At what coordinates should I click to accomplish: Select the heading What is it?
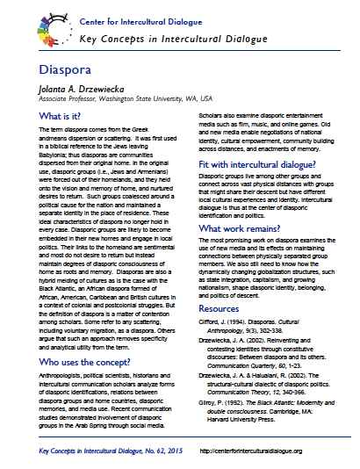click(47, 116)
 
